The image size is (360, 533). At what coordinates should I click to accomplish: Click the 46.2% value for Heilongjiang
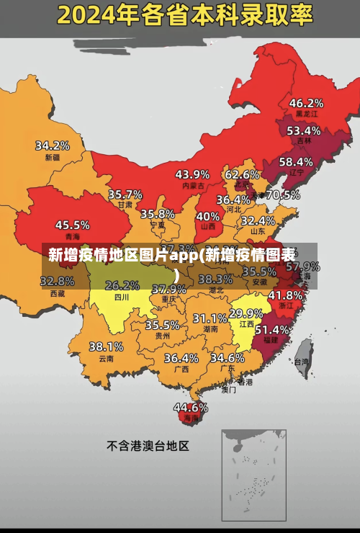tap(306, 103)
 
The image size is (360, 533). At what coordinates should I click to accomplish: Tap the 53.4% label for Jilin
tap(303, 130)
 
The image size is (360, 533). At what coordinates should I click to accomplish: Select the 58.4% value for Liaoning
tap(296, 161)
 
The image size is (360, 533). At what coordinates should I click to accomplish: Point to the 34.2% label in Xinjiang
tap(53, 145)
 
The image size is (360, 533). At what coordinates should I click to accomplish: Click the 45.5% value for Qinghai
tap(73, 225)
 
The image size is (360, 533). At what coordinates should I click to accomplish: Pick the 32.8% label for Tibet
tap(58, 281)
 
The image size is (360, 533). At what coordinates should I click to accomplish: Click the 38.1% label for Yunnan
tap(106, 346)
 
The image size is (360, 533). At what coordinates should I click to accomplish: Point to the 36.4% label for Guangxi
tap(181, 357)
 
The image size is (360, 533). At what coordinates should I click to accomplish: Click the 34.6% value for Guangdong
tap(227, 357)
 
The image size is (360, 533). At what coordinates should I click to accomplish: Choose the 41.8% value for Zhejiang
tap(285, 295)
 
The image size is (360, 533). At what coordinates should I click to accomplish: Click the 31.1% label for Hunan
tap(210, 318)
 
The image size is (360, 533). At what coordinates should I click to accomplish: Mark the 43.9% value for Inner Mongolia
tap(192, 174)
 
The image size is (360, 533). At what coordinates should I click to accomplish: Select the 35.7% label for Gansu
tap(125, 194)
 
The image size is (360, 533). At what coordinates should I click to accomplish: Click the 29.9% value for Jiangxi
tap(246, 313)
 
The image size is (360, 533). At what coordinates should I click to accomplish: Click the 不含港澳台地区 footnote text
tap(148, 446)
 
